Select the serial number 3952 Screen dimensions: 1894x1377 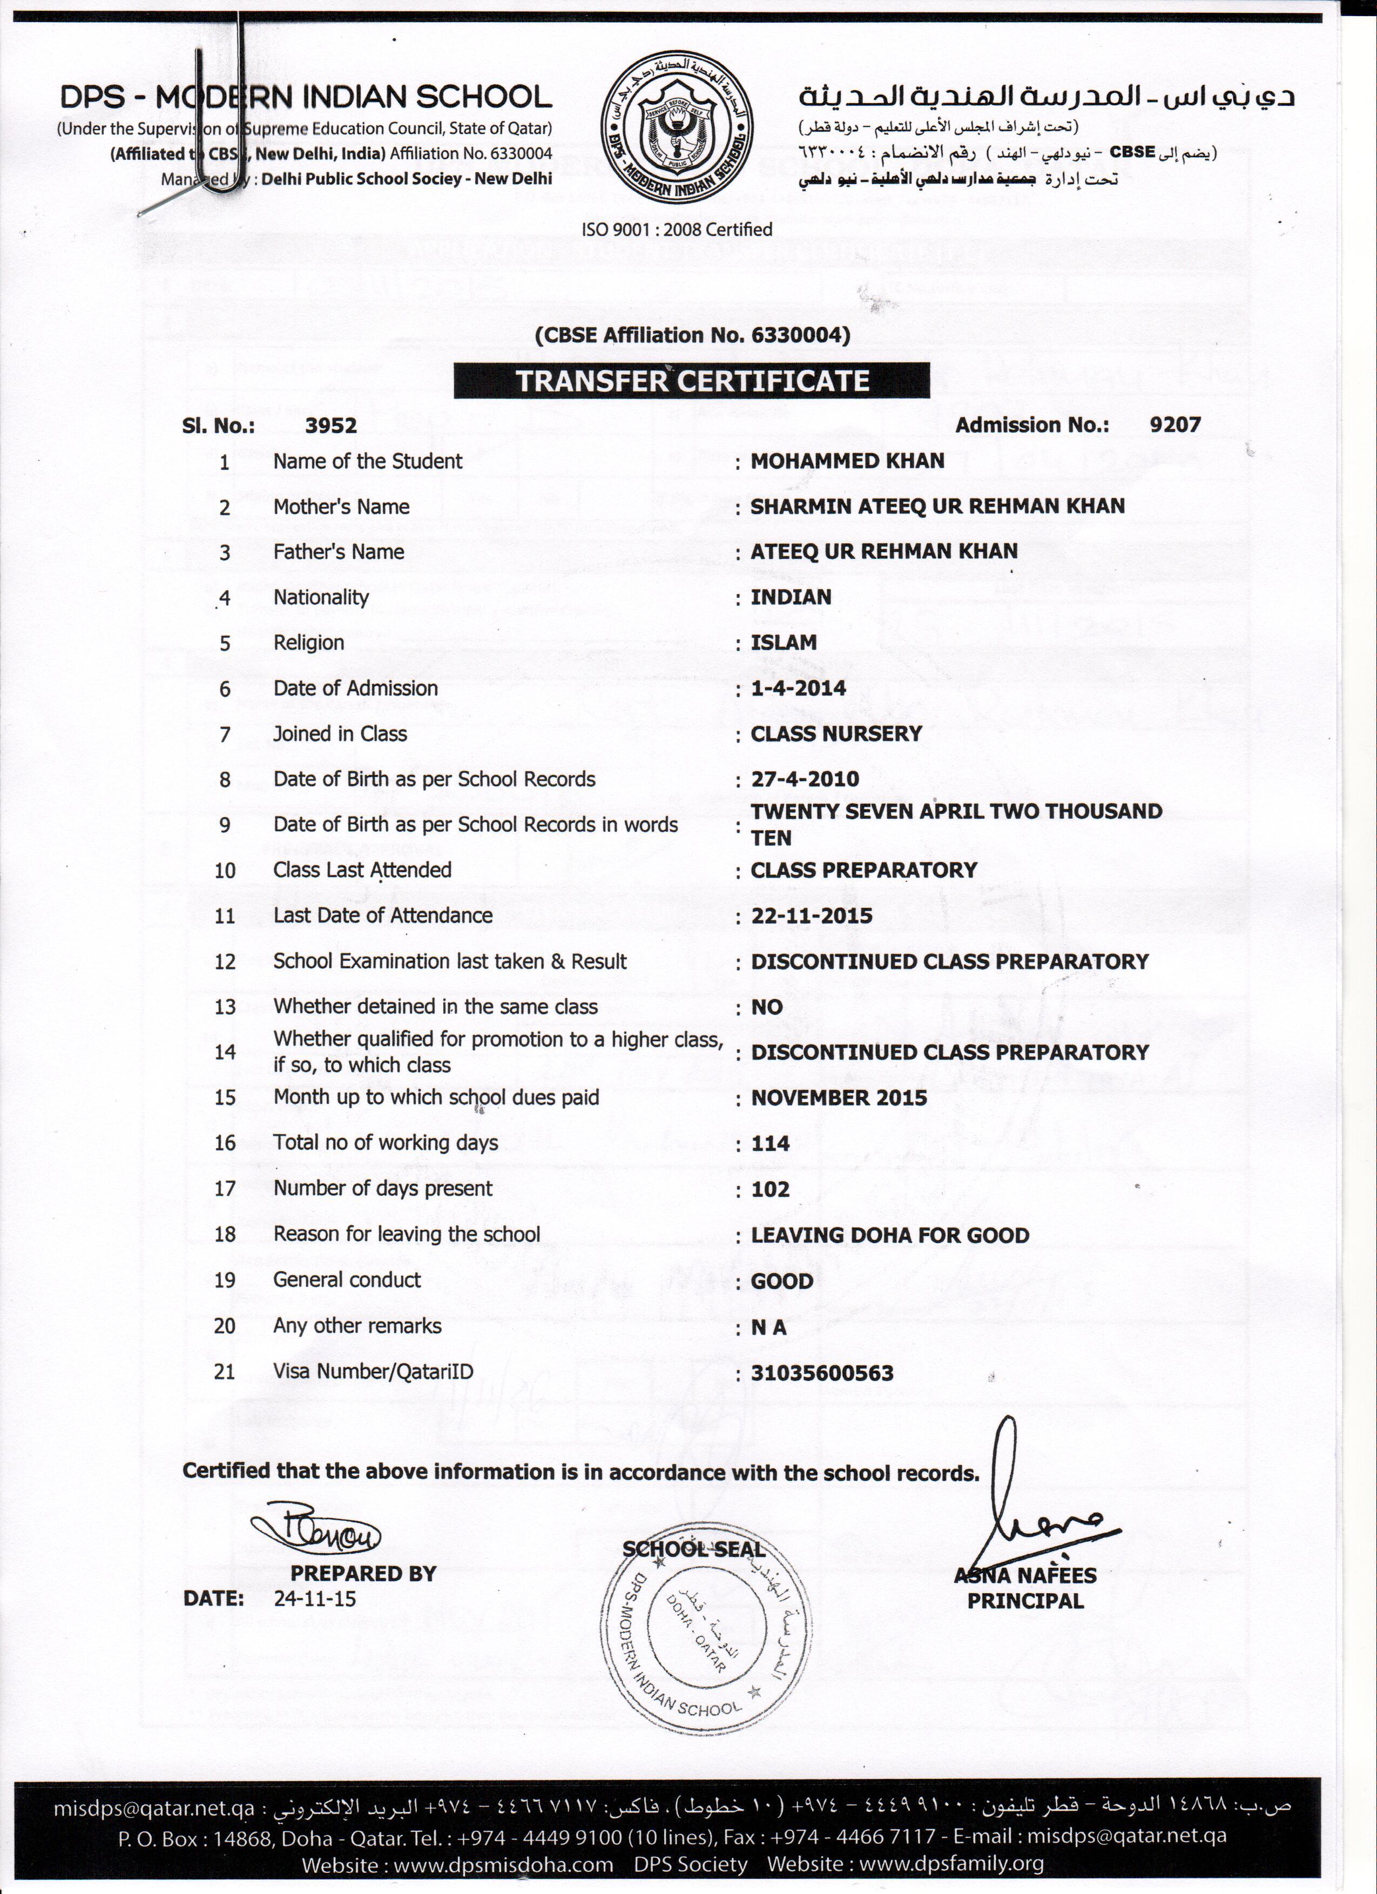(330, 426)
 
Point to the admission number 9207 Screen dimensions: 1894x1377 (1174, 425)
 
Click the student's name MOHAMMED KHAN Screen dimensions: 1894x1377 (847, 461)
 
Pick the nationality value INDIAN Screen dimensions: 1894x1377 (791, 597)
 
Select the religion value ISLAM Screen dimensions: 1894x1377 (784, 642)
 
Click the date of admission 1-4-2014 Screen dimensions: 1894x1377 (798, 688)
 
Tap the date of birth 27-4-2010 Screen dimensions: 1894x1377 (804, 779)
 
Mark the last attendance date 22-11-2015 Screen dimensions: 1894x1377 (811, 916)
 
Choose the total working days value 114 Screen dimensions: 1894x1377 (770, 1143)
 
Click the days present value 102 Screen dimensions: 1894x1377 (770, 1189)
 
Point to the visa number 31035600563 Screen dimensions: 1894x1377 (822, 1373)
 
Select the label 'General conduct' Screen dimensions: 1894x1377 (347, 1280)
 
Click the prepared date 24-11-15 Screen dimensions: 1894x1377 (314, 1599)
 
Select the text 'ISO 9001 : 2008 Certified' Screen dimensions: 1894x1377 (677, 229)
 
